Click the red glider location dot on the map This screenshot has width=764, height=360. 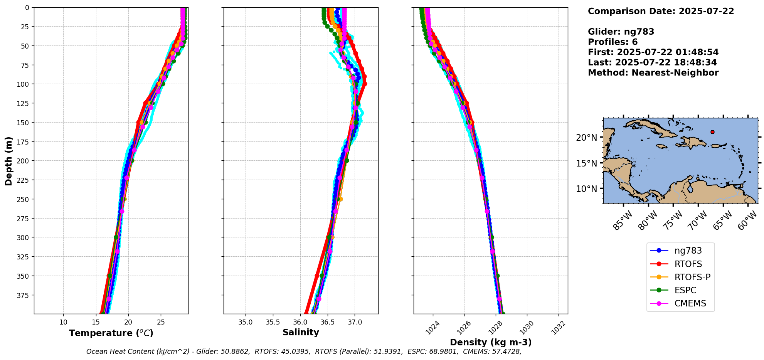[712, 132]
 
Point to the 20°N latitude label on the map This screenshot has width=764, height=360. [586, 138]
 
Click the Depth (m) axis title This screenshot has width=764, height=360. [8, 161]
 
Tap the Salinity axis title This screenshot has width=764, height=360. [301, 332]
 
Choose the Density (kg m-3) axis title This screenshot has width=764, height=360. [491, 342]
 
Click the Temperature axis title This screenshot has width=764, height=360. [111, 333]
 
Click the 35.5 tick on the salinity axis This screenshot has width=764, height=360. [273, 322]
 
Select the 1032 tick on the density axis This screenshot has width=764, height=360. [559, 328]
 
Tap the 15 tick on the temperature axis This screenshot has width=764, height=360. [96, 322]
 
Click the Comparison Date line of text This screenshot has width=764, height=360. [661, 11]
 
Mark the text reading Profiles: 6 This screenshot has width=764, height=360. [613, 42]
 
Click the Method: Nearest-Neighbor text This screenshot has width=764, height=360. [653, 73]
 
